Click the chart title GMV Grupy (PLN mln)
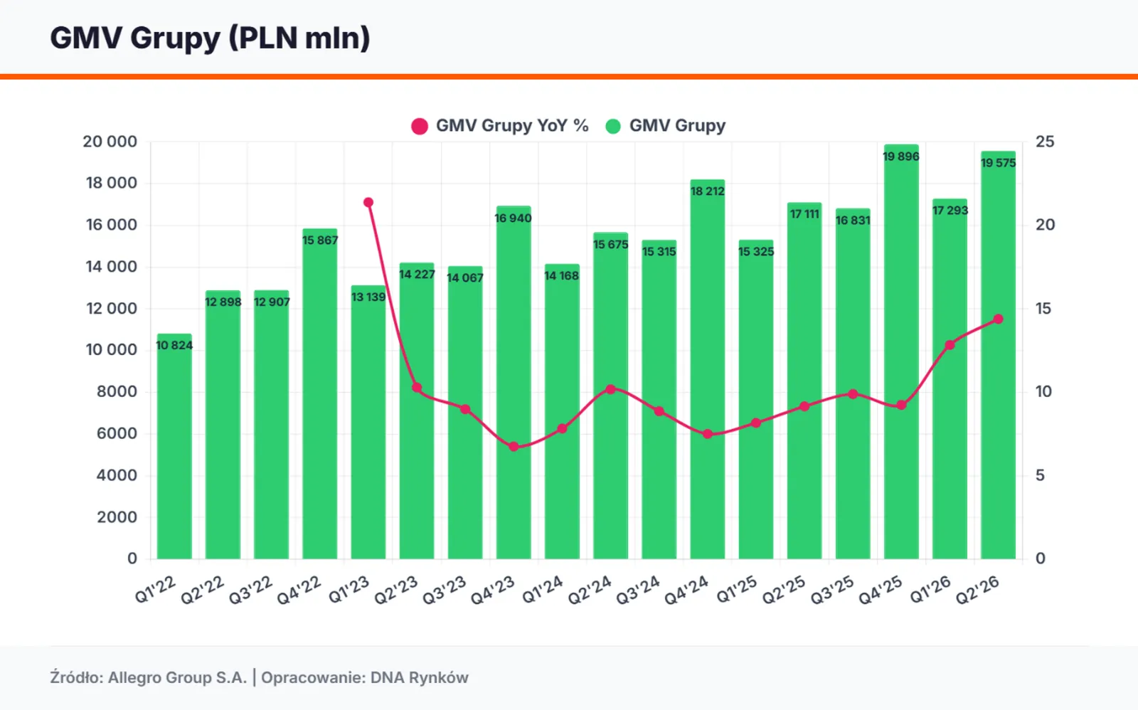click(x=210, y=38)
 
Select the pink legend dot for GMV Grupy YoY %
click(x=420, y=126)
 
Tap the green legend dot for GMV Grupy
click(x=613, y=126)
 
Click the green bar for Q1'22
click(x=174, y=446)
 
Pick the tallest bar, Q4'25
click(x=901, y=351)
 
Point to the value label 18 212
click(x=707, y=191)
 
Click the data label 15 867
click(x=319, y=240)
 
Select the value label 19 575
click(x=999, y=163)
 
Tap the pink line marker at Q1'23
click(x=368, y=202)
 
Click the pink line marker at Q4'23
click(x=514, y=447)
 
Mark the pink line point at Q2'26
click(x=999, y=319)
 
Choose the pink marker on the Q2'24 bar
click(x=611, y=389)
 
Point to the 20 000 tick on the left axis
click(x=110, y=142)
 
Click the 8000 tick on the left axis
click(x=117, y=392)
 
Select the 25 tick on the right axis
click(x=1045, y=142)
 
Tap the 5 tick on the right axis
click(x=1041, y=476)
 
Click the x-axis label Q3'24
click(x=638, y=590)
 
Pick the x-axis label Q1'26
click(x=930, y=590)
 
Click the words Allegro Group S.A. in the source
click(x=177, y=678)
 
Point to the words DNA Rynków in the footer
click(x=419, y=678)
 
